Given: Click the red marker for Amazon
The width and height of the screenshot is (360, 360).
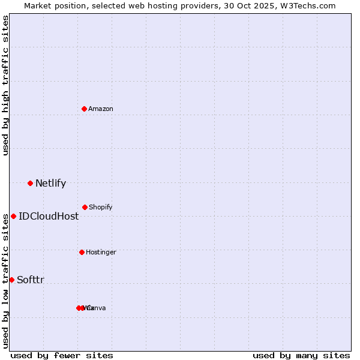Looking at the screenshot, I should pyautogui.click(x=84, y=109).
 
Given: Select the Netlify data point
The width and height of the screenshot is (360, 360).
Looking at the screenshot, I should pyautogui.click(x=30, y=183).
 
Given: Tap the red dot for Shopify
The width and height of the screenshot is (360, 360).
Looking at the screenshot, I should pyautogui.click(x=85, y=207).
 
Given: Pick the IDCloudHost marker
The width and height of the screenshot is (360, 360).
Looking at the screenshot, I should pyautogui.click(x=13, y=216).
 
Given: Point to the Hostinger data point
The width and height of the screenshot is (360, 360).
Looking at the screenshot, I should pyautogui.click(x=82, y=252).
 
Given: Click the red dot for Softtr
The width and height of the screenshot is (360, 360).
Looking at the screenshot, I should pyautogui.click(x=11, y=280).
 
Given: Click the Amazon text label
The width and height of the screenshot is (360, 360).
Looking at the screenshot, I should pyautogui.click(x=100, y=109).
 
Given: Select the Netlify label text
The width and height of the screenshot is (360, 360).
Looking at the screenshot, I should pyautogui.click(x=50, y=184).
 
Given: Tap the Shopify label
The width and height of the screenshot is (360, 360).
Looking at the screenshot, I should pyautogui.click(x=100, y=207).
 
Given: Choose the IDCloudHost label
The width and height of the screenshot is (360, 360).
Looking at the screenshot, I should pyautogui.click(x=48, y=217).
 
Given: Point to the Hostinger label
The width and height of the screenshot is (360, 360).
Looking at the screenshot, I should pyautogui.click(x=101, y=252).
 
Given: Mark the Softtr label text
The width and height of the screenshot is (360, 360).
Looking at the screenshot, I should pyautogui.click(x=30, y=280).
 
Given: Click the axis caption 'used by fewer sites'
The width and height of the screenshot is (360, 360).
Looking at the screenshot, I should pyautogui.click(x=62, y=355).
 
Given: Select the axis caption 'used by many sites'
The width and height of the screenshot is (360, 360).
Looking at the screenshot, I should pyautogui.click(x=301, y=355).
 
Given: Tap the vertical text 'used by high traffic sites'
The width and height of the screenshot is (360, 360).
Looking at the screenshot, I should pyautogui.click(x=5, y=85).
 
